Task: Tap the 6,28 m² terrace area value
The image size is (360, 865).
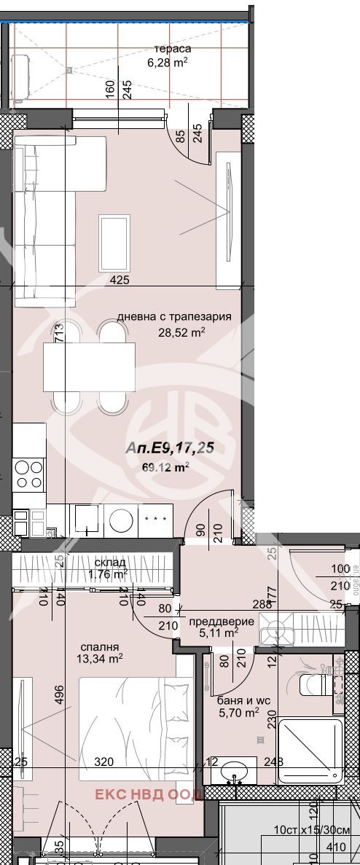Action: [168, 63]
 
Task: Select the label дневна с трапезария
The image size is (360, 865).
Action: [174, 317]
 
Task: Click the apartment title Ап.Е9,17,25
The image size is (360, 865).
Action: [170, 448]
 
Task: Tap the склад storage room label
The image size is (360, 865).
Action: [110, 562]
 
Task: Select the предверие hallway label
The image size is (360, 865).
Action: [222, 621]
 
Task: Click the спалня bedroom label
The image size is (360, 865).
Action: [101, 646]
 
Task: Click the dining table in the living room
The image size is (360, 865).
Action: [89, 367]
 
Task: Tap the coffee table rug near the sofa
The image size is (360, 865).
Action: [114, 243]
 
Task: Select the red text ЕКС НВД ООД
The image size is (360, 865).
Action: [145, 795]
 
